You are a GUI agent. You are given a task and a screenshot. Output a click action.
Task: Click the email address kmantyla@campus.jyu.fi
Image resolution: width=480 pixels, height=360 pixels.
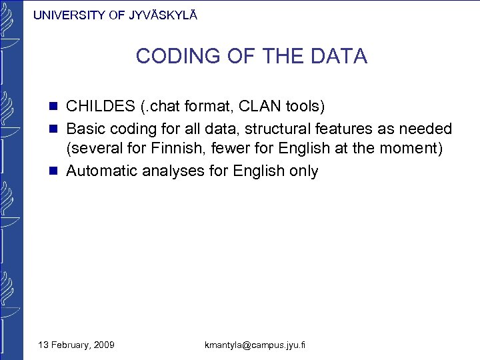tap(255, 345)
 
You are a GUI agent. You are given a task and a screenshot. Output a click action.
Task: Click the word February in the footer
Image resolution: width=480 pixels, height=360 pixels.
tap(67, 345)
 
